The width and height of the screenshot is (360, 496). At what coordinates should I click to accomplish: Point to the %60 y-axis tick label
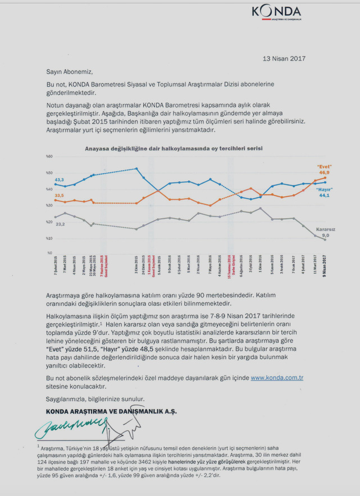pos(49,156)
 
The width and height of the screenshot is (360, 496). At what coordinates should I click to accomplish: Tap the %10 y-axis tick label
pos(49,238)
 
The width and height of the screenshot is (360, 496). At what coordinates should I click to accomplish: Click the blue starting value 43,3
pos(59,179)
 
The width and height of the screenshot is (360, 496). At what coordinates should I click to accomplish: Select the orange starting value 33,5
pos(59,195)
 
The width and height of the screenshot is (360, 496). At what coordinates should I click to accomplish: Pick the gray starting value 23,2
pos(60,224)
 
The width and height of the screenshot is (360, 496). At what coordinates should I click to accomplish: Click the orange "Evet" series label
pos(325,167)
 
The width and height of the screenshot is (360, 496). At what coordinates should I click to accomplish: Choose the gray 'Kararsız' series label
pos(325,229)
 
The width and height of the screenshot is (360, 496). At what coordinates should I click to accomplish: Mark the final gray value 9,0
pos(325,236)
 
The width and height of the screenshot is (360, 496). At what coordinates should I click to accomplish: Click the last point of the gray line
pos(325,240)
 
